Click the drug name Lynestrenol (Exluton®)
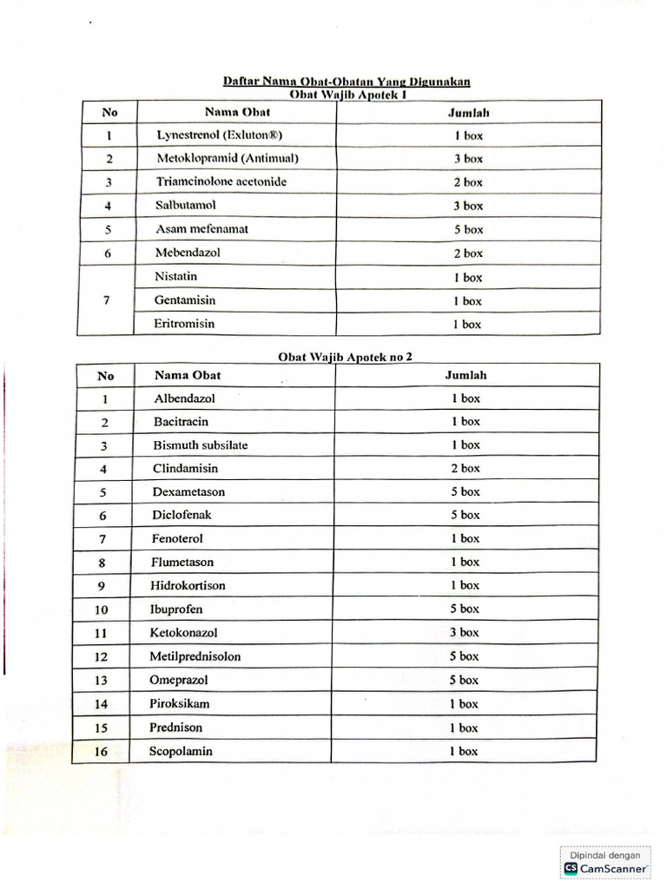point(220,135)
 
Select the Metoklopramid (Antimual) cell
point(228,159)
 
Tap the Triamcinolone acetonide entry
point(221,182)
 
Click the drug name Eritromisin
point(185,324)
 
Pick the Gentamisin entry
point(186,300)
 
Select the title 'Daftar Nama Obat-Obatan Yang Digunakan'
point(347,82)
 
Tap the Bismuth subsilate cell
point(201,445)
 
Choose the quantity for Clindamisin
point(465,469)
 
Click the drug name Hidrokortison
point(188,586)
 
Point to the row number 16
point(102,752)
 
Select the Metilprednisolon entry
point(195,656)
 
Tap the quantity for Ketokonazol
point(464,633)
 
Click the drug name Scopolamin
point(182,751)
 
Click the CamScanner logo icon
point(571,867)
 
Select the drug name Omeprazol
point(180,680)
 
